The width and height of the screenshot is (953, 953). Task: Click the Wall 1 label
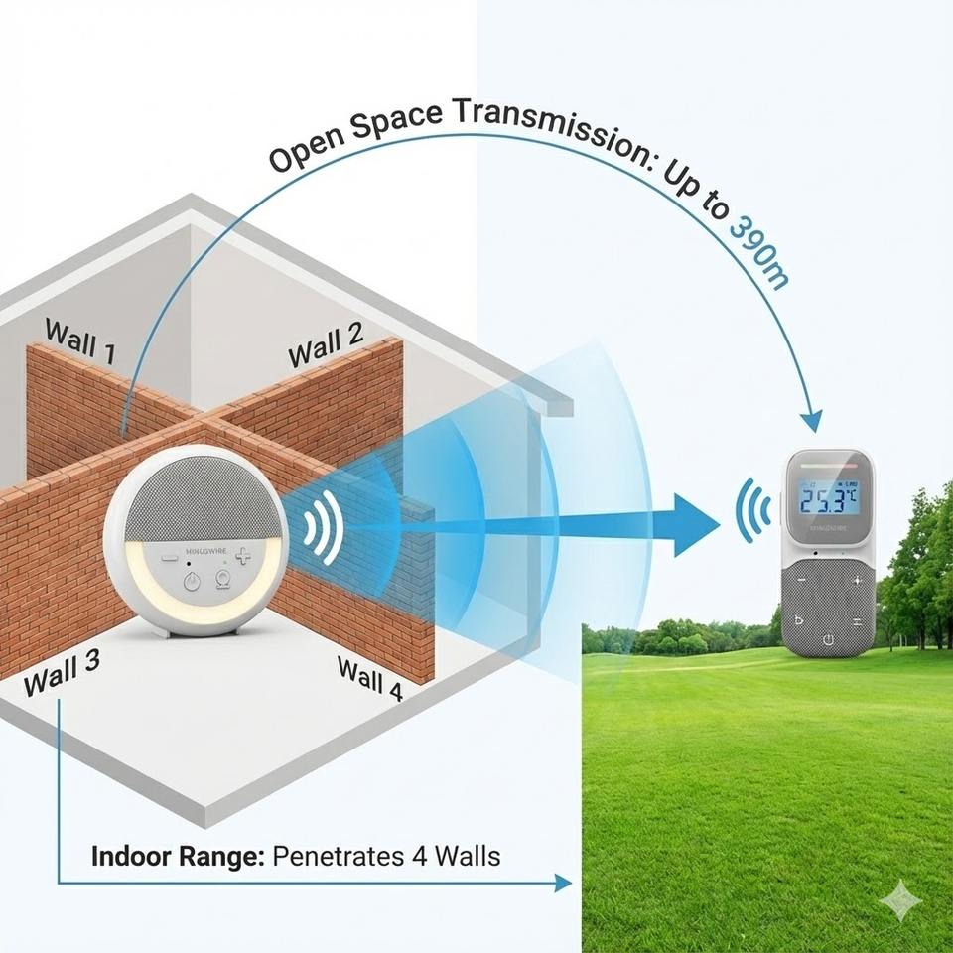pyautogui.click(x=81, y=340)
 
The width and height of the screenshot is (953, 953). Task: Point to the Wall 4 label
pyautogui.click(x=369, y=679)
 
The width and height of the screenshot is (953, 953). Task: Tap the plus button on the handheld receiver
pyautogui.click(x=857, y=579)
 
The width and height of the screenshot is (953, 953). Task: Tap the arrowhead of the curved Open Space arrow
pyautogui.click(x=812, y=421)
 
